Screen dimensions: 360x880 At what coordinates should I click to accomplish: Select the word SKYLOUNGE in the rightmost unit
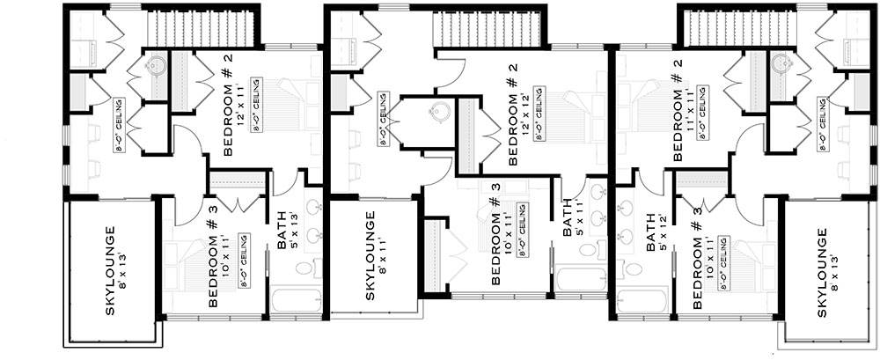[x=822, y=274]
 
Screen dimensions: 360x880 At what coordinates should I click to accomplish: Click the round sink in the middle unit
[x=439, y=114]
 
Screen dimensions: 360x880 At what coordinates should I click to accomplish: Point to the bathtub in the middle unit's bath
[x=581, y=281]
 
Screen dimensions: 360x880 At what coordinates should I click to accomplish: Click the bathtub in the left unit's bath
[x=297, y=299]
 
